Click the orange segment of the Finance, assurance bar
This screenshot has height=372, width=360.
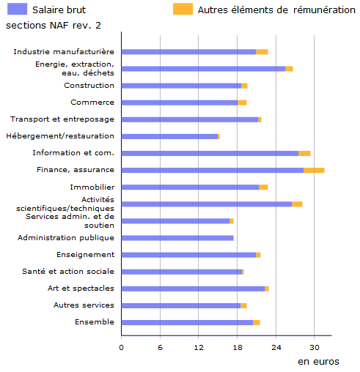tap(314, 170)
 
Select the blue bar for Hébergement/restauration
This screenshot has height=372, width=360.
tap(169, 136)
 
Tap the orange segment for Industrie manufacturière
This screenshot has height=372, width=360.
tap(262, 52)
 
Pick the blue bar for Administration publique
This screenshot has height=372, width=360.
tap(177, 238)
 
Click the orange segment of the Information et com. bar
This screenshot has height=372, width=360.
tap(304, 153)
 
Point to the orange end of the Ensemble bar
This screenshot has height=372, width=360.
tap(257, 323)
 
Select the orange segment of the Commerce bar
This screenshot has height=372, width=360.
tap(242, 103)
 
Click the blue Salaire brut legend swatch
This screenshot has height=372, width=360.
tap(17, 9)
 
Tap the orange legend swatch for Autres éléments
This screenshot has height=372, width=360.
tap(183, 9)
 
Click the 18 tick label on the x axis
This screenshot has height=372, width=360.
tap(238, 348)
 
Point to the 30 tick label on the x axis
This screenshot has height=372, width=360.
tap(315, 348)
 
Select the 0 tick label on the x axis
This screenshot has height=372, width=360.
tap(122, 348)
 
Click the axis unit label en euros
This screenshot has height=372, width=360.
tap(318, 362)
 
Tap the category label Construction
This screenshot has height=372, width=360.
tap(89, 86)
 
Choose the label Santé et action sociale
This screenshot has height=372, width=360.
tap(68, 272)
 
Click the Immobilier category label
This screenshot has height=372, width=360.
tap(92, 187)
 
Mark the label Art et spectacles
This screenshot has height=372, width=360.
tap(81, 289)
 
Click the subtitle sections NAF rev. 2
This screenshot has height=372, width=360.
tap(54, 26)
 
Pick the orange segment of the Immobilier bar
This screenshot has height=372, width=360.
tap(263, 187)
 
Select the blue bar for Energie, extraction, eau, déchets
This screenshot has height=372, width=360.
tap(203, 69)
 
